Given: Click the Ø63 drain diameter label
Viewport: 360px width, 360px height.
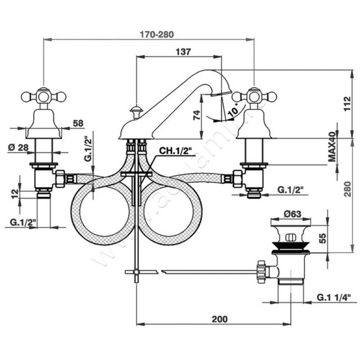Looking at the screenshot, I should [292, 214].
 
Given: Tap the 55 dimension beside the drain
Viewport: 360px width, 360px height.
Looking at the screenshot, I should [321, 237].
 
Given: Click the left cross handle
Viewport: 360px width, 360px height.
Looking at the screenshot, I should [44, 96].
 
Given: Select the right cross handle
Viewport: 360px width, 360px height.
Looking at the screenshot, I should [254, 96].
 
